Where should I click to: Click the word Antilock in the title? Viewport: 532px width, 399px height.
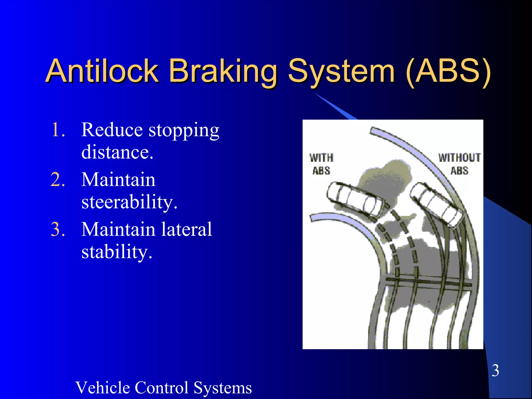point(102,71)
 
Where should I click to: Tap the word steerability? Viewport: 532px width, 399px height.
point(129,202)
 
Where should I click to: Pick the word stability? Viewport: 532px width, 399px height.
point(117,252)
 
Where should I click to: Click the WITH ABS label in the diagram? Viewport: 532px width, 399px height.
point(321,164)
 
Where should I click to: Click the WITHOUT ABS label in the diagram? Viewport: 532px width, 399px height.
point(459,164)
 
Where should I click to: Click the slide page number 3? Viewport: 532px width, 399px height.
point(495,370)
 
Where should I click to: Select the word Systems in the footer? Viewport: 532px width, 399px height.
point(223,388)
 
